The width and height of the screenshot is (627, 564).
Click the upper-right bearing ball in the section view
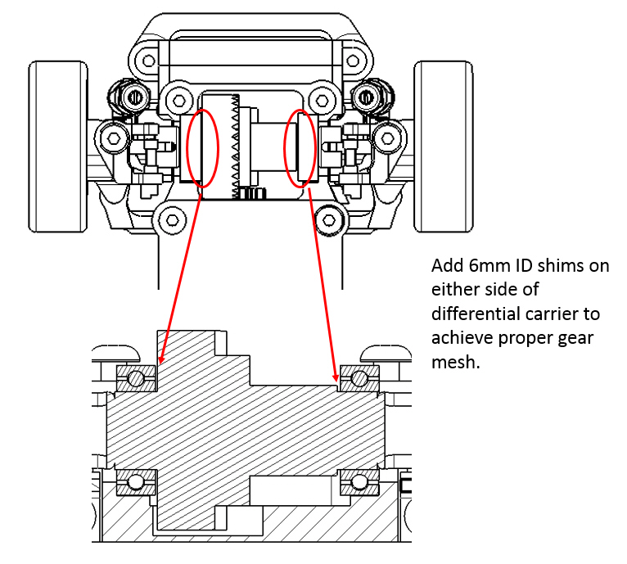(x=358, y=378)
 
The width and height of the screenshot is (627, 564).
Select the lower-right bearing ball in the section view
(x=358, y=484)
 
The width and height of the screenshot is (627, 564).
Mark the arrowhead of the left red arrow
(x=161, y=359)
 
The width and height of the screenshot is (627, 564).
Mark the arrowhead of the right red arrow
(x=336, y=379)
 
